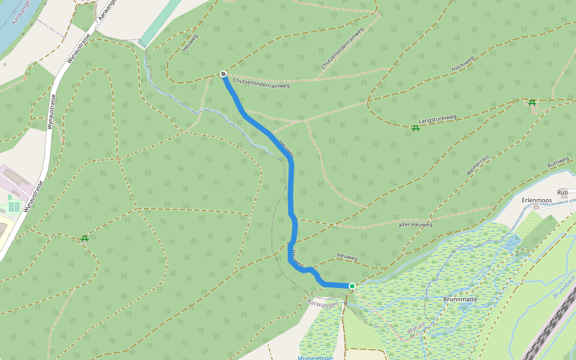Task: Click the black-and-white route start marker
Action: tap(223, 74)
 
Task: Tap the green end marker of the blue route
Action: tap(352, 286)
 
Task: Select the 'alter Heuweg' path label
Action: tap(415, 225)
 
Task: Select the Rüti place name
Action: tap(563, 193)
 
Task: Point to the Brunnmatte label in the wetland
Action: tap(460, 298)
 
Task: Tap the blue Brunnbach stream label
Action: tap(564, 287)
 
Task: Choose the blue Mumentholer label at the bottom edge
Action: tap(316, 358)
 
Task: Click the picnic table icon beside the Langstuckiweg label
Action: tap(415, 128)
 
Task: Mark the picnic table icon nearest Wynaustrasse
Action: tap(85, 239)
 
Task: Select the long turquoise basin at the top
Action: tap(160, 23)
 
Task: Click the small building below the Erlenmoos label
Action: tap(536, 207)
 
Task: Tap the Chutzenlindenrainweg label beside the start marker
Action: tap(261, 82)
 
